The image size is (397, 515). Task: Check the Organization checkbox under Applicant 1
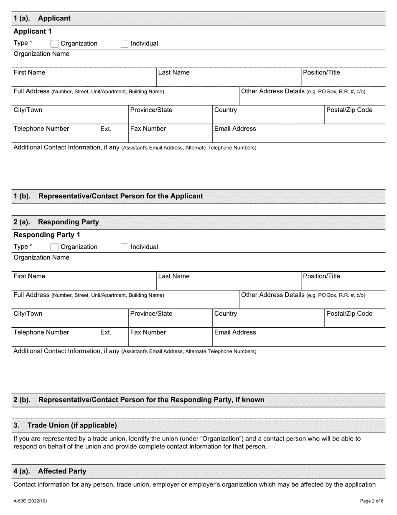coord(54,44)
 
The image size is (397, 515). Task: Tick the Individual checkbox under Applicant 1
coord(125,44)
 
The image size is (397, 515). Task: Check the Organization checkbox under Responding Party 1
coord(54,247)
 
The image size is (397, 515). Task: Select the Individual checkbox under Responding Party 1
coord(125,247)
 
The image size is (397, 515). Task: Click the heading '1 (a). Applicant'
coord(42,18)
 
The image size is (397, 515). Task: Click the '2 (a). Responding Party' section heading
coord(56,222)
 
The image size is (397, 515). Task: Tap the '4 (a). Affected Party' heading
coord(50,471)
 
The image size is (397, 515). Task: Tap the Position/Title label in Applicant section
coord(321,72)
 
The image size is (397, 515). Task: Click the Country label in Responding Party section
coord(225,314)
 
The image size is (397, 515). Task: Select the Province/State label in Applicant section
coord(151,110)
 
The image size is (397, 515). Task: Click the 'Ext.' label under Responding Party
coord(106,332)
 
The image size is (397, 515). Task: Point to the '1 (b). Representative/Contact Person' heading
coord(108,196)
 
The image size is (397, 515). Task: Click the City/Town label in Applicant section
coord(28,110)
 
